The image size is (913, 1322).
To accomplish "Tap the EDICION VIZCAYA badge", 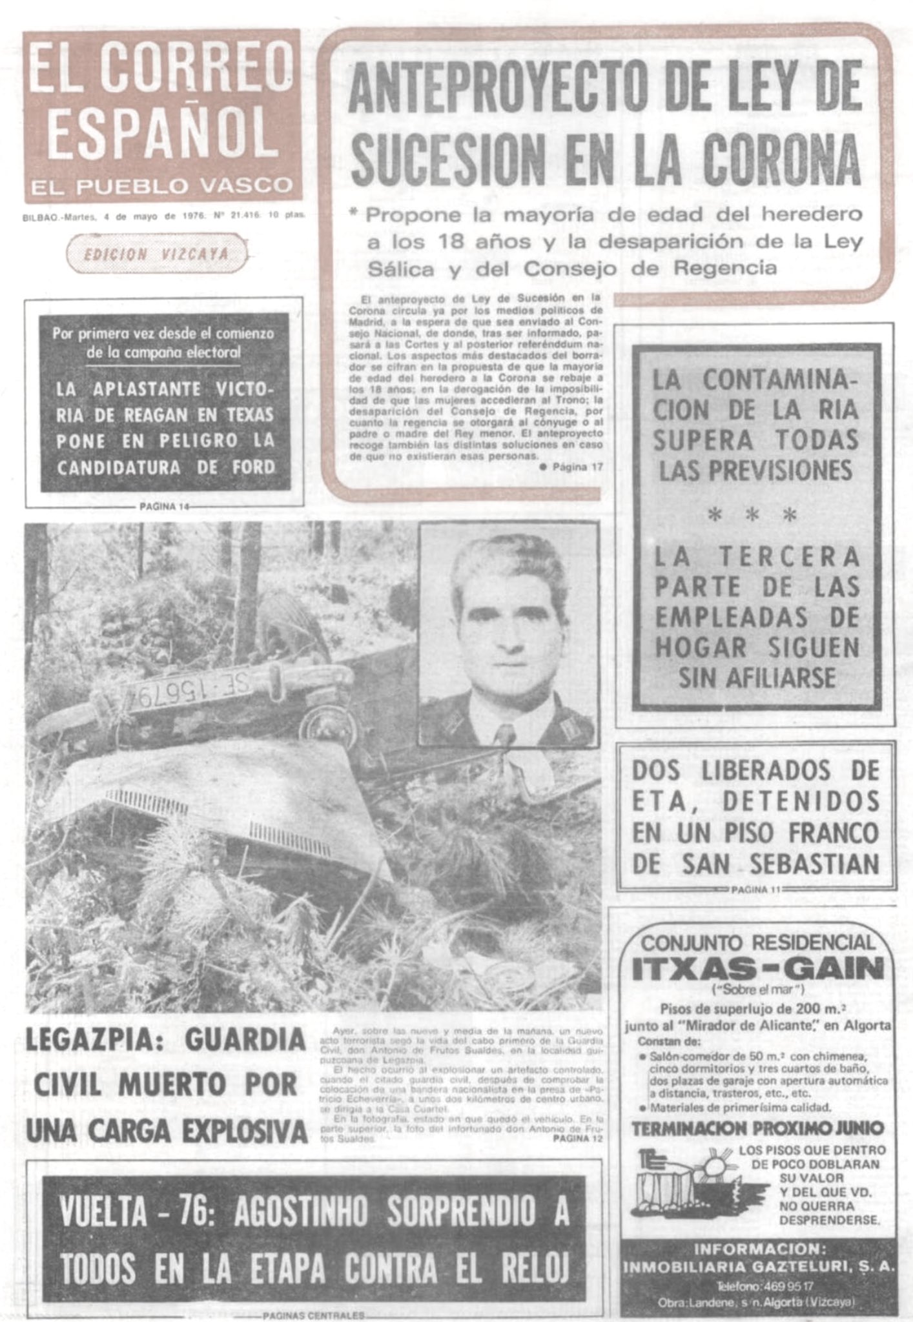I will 157,254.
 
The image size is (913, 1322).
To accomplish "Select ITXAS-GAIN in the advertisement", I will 757,968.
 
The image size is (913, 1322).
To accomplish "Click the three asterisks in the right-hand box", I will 752,516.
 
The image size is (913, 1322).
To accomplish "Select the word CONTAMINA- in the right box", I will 755,380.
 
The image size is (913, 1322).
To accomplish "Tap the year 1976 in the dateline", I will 191,218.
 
